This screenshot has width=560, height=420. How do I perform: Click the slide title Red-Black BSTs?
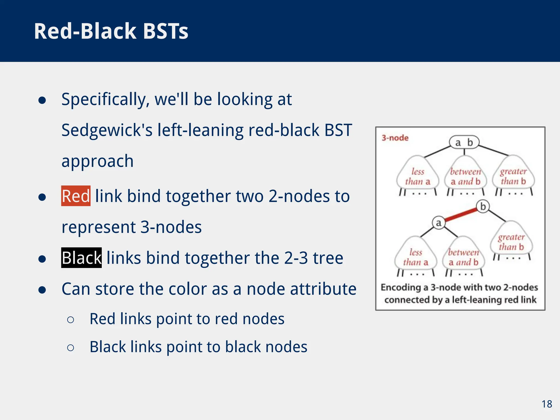(x=111, y=31)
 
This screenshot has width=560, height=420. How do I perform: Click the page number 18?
(x=547, y=404)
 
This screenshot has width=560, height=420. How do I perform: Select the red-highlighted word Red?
(x=76, y=196)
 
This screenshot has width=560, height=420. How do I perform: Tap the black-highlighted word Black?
(x=81, y=258)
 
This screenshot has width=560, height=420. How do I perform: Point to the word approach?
(x=98, y=161)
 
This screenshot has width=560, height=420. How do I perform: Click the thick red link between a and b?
(x=461, y=215)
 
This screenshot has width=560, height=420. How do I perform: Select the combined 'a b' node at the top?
(x=464, y=142)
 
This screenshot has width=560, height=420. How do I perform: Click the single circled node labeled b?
(x=483, y=206)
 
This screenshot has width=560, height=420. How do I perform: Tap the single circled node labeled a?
(x=439, y=223)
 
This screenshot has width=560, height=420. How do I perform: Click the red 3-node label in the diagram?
(x=395, y=138)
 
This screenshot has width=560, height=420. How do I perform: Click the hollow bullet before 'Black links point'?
(x=70, y=348)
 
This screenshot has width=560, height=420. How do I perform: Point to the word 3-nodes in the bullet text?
(x=171, y=227)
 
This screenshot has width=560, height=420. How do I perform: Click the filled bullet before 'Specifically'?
(x=42, y=100)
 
